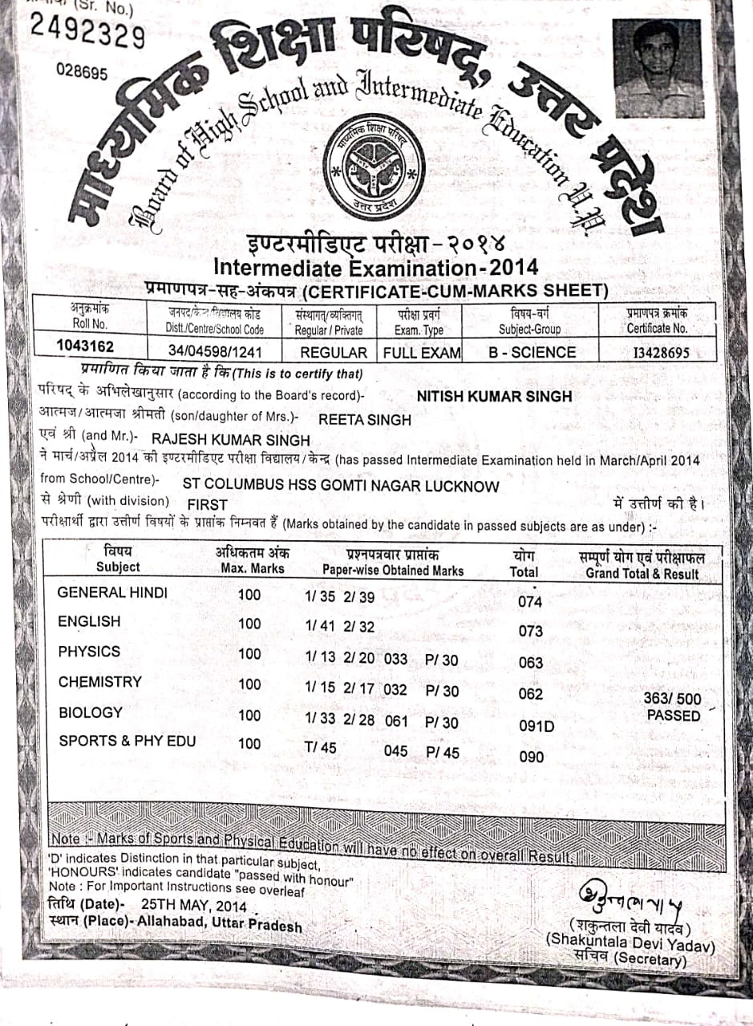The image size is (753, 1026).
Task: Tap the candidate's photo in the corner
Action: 658,69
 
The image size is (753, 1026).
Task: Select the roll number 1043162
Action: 85,346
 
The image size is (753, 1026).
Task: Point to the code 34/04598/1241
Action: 215,352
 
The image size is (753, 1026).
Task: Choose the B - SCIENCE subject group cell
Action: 532,352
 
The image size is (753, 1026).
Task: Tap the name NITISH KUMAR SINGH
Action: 495,396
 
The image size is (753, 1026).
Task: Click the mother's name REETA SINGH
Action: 365,419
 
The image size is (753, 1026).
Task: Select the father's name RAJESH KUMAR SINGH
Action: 230,440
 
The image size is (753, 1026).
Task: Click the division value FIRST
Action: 208,505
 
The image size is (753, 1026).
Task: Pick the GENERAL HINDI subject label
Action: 113,592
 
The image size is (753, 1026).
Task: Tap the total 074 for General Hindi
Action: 530,602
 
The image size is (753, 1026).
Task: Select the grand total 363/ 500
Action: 672,699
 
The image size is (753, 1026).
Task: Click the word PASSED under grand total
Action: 674,715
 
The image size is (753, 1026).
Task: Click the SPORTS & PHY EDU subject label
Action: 127,741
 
